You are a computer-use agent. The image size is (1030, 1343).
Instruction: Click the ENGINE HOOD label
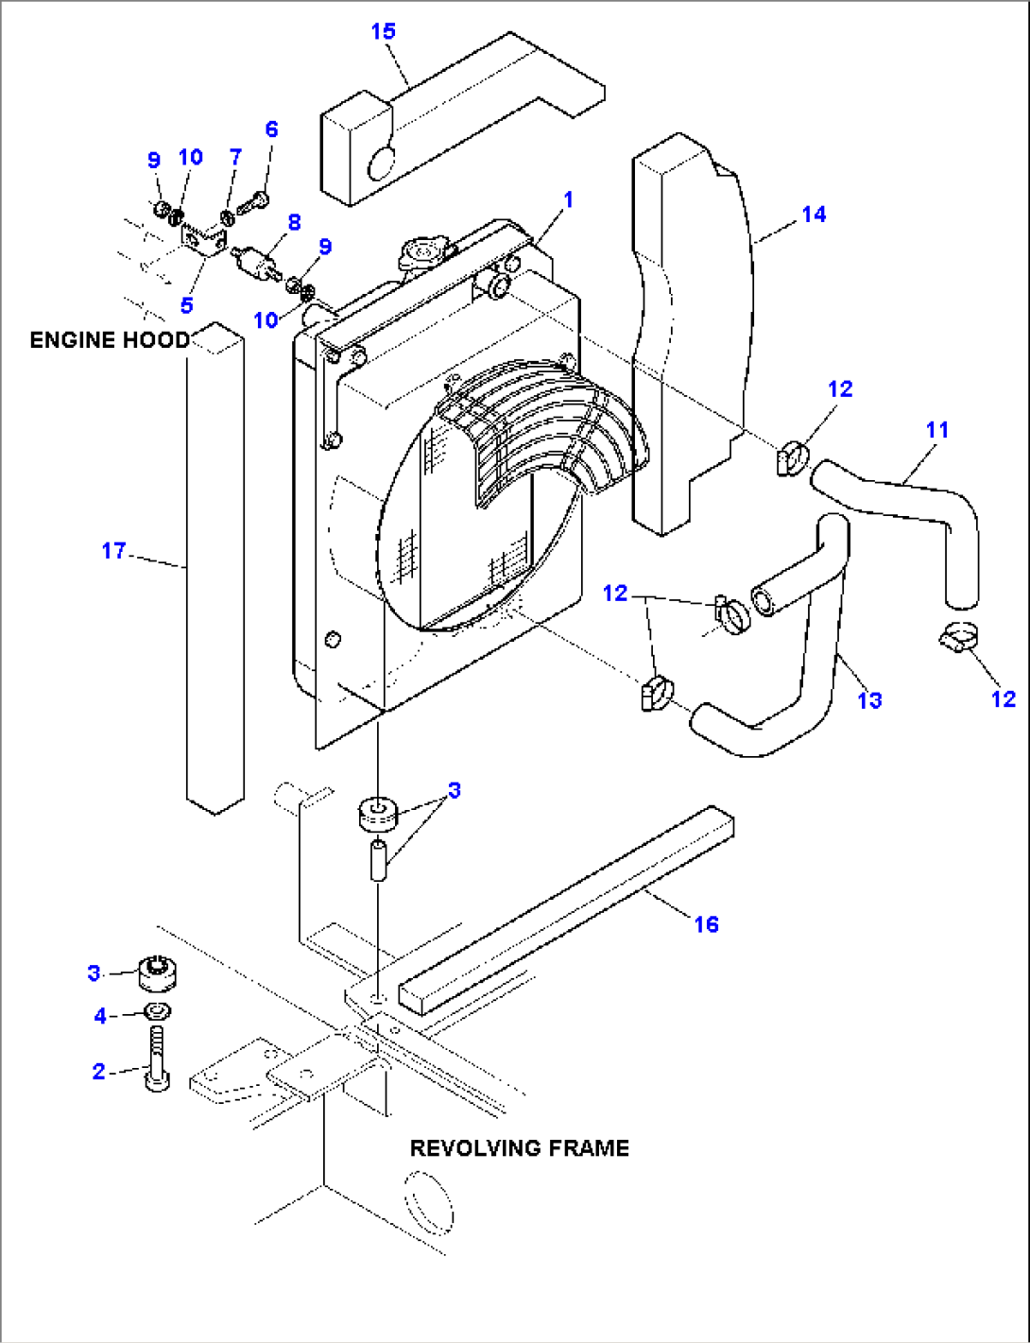[109, 340]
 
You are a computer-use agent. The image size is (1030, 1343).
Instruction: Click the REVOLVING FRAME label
[519, 1148]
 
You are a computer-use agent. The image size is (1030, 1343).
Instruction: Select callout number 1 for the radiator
[568, 199]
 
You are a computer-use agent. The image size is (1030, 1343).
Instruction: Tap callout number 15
[383, 31]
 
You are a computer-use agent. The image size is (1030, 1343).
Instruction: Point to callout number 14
[814, 215]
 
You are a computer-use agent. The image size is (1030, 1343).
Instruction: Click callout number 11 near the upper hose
[936, 430]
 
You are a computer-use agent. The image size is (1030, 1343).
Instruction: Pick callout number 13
[869, 700]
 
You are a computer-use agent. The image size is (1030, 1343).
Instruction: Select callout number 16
[706, 924]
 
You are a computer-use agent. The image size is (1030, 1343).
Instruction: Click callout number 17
[113, 551]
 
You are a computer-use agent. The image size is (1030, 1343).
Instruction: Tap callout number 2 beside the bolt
[98, 1071]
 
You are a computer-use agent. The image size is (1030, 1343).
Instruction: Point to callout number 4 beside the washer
[100, 1016]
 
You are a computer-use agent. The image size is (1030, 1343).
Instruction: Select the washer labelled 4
[157, 1012]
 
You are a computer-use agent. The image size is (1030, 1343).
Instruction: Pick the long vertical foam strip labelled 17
[215, 567]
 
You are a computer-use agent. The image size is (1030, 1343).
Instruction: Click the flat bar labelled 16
[567, 912]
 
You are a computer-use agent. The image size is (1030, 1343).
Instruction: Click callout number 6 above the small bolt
[271, 129]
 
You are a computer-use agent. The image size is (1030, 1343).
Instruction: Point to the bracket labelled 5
[204, 242]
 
